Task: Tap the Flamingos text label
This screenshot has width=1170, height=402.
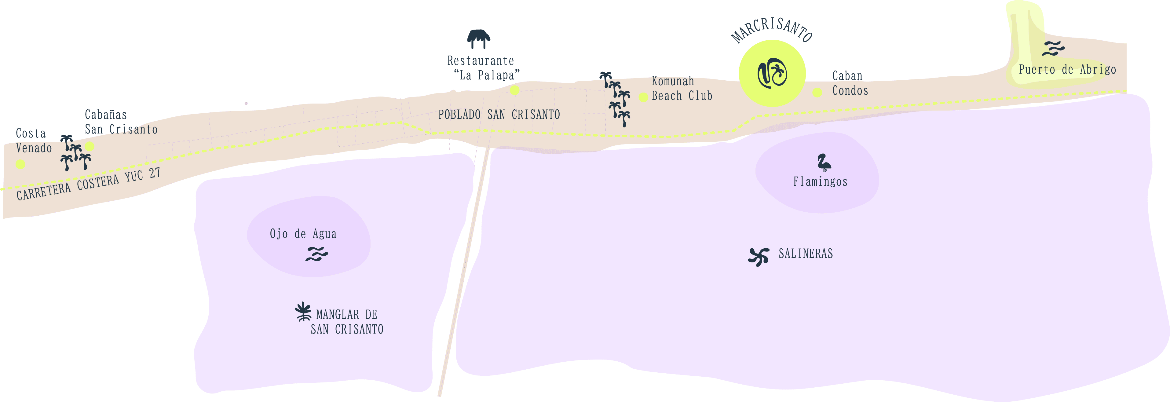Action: click(820, 182)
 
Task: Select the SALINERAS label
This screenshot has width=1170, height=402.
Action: click(806, 254)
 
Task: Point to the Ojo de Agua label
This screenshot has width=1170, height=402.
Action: click(303, 234)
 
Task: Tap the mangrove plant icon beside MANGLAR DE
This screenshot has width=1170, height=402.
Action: click(303, 312)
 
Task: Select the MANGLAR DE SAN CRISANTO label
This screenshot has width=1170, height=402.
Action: click(347, 322)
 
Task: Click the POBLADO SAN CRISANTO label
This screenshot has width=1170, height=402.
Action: click(499, 115)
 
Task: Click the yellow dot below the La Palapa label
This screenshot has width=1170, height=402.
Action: click(515, 90)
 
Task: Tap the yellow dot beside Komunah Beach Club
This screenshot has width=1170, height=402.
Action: click(643, 97)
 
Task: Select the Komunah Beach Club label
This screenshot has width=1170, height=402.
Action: click(681, 89)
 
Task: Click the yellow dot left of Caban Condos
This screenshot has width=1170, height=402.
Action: click(817, 93)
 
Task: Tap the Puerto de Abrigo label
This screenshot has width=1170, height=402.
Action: click(1067, 70)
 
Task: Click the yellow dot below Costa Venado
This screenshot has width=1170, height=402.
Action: click(20, 164)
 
